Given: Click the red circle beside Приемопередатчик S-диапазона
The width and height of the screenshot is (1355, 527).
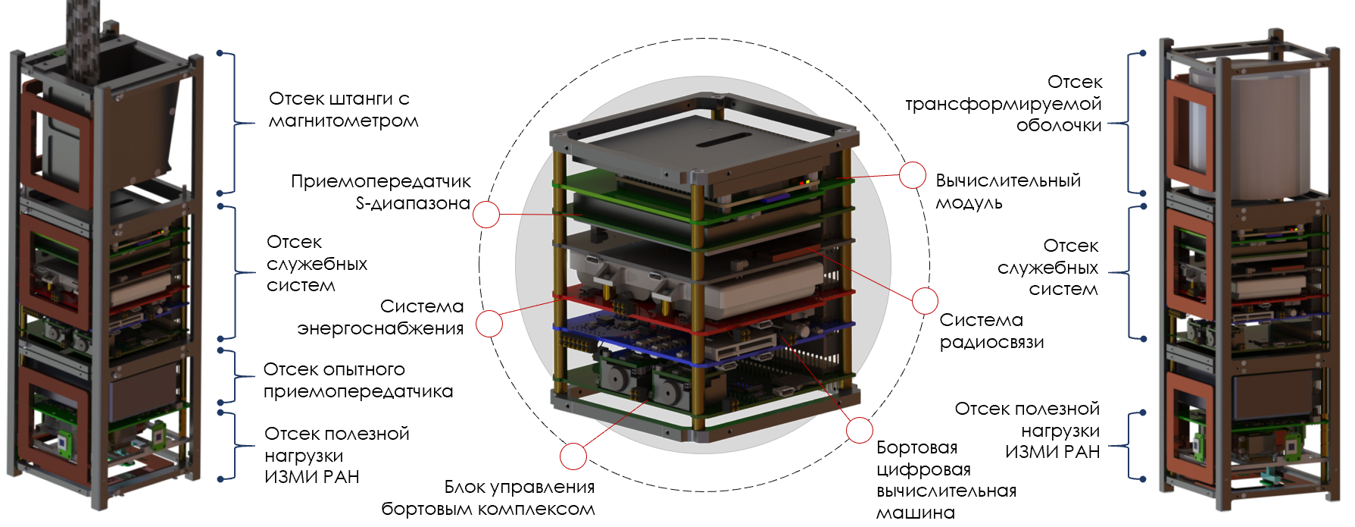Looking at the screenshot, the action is point(486,215).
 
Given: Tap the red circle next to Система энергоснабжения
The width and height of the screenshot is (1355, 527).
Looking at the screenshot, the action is point(489,324).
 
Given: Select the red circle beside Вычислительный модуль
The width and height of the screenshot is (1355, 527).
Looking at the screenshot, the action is point(913,175).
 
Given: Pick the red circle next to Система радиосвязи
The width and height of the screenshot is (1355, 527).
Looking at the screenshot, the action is point(925,301).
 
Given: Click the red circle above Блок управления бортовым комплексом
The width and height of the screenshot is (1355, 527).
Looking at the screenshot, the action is point(573,456).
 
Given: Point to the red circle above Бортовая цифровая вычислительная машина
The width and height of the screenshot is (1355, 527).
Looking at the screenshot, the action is point(860,430).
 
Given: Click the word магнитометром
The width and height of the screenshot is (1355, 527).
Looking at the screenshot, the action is point(344,121).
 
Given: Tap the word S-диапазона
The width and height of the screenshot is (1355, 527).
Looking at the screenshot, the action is point(413,203).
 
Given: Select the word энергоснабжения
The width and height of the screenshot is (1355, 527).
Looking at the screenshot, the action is point(380,329).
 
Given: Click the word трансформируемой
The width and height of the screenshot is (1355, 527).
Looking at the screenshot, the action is point(1004,104).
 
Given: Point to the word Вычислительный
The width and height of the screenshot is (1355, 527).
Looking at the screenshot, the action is point(1008,180).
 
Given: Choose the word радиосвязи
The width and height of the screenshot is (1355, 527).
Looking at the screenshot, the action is point(992,343).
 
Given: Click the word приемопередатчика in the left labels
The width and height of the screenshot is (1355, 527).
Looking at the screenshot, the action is point(358,392).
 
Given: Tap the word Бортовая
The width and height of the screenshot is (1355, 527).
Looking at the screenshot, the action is point(916,447).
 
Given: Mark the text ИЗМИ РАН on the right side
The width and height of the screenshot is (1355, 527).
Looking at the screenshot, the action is point(1053,452).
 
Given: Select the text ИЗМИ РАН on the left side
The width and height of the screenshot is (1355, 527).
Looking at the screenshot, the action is point(312,477).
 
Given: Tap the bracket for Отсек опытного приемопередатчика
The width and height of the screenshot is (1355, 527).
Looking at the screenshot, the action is point(235,376).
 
